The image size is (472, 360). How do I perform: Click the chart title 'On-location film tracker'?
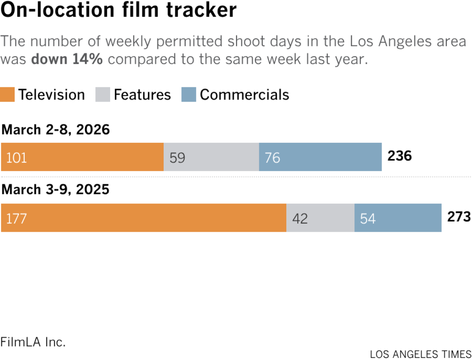coord(118,11)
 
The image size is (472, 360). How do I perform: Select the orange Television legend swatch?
coord(8,95)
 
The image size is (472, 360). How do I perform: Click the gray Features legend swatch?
coord(103,95)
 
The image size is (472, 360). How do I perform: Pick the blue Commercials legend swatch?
coord(188,95)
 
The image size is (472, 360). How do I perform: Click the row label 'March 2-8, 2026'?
coord(55,129)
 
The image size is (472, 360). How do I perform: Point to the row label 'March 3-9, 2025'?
coord(55,190)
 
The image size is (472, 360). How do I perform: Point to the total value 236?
coord(400,156)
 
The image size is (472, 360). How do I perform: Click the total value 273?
coord(459,217)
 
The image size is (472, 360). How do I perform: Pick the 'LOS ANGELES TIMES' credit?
coord(421,354)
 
